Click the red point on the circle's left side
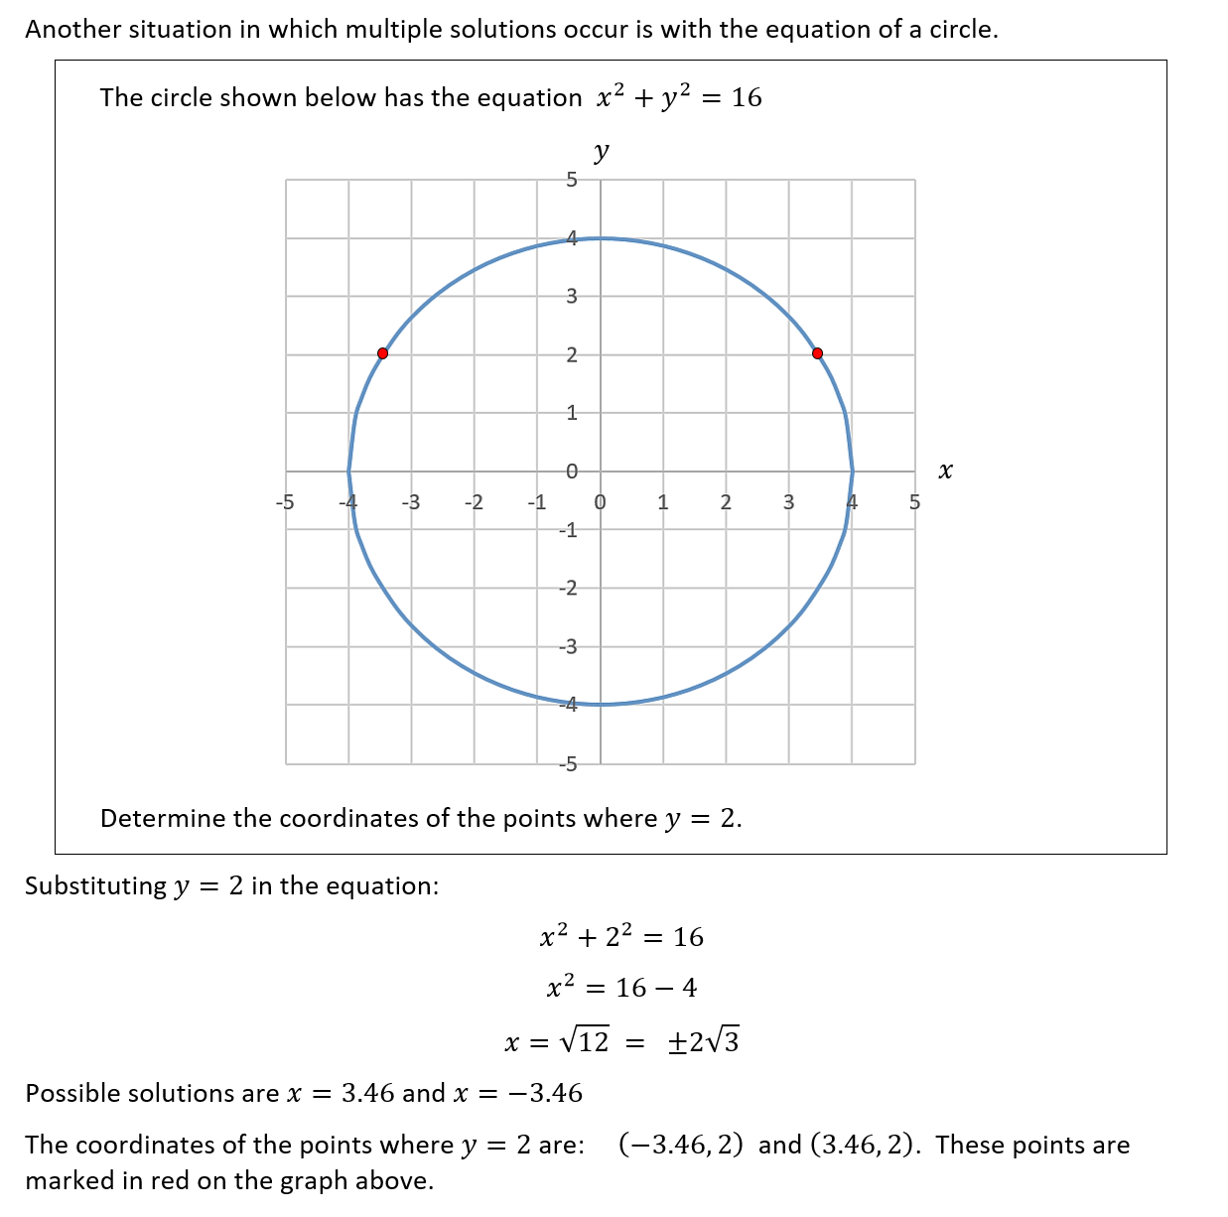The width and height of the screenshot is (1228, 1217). pyautogui.click(x=383, y=353)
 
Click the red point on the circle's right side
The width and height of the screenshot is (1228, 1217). pyautogui.click(x=817, y=353)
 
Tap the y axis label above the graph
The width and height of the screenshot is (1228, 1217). pyautogui.click(x=601, y=152)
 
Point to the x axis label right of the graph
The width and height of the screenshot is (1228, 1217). pyautogui.click(x=945, y=471)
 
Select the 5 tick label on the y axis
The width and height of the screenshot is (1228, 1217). pyautogui.click(x=571, y=180)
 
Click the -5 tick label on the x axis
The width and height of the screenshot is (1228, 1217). pyautogui.click(x=284, y=502)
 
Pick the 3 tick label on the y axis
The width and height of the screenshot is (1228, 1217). pyautogui.click(x=571, y=296)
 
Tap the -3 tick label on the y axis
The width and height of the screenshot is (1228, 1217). pyautogui.click(x=568, y=647)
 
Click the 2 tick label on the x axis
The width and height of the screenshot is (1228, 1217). pyautogui.click(x=726, y=502)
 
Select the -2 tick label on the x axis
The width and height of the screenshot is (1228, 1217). pyautogui.click(x=474, y=502)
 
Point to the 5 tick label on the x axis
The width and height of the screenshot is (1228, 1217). pyautogui.click(x=914, y=502)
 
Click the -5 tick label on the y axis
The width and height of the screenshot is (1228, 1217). pyautogui.click(x=568, y=764)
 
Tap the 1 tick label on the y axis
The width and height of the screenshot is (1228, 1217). pyautogui.click(x=571, y=413)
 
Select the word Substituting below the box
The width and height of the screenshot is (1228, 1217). pyautogui.click(x=95, y=885)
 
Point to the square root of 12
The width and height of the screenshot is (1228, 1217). pyautogui.click(x=585, y=1041)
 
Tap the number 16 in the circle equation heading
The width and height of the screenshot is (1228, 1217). pyautogui.click(x=747, y=97)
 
